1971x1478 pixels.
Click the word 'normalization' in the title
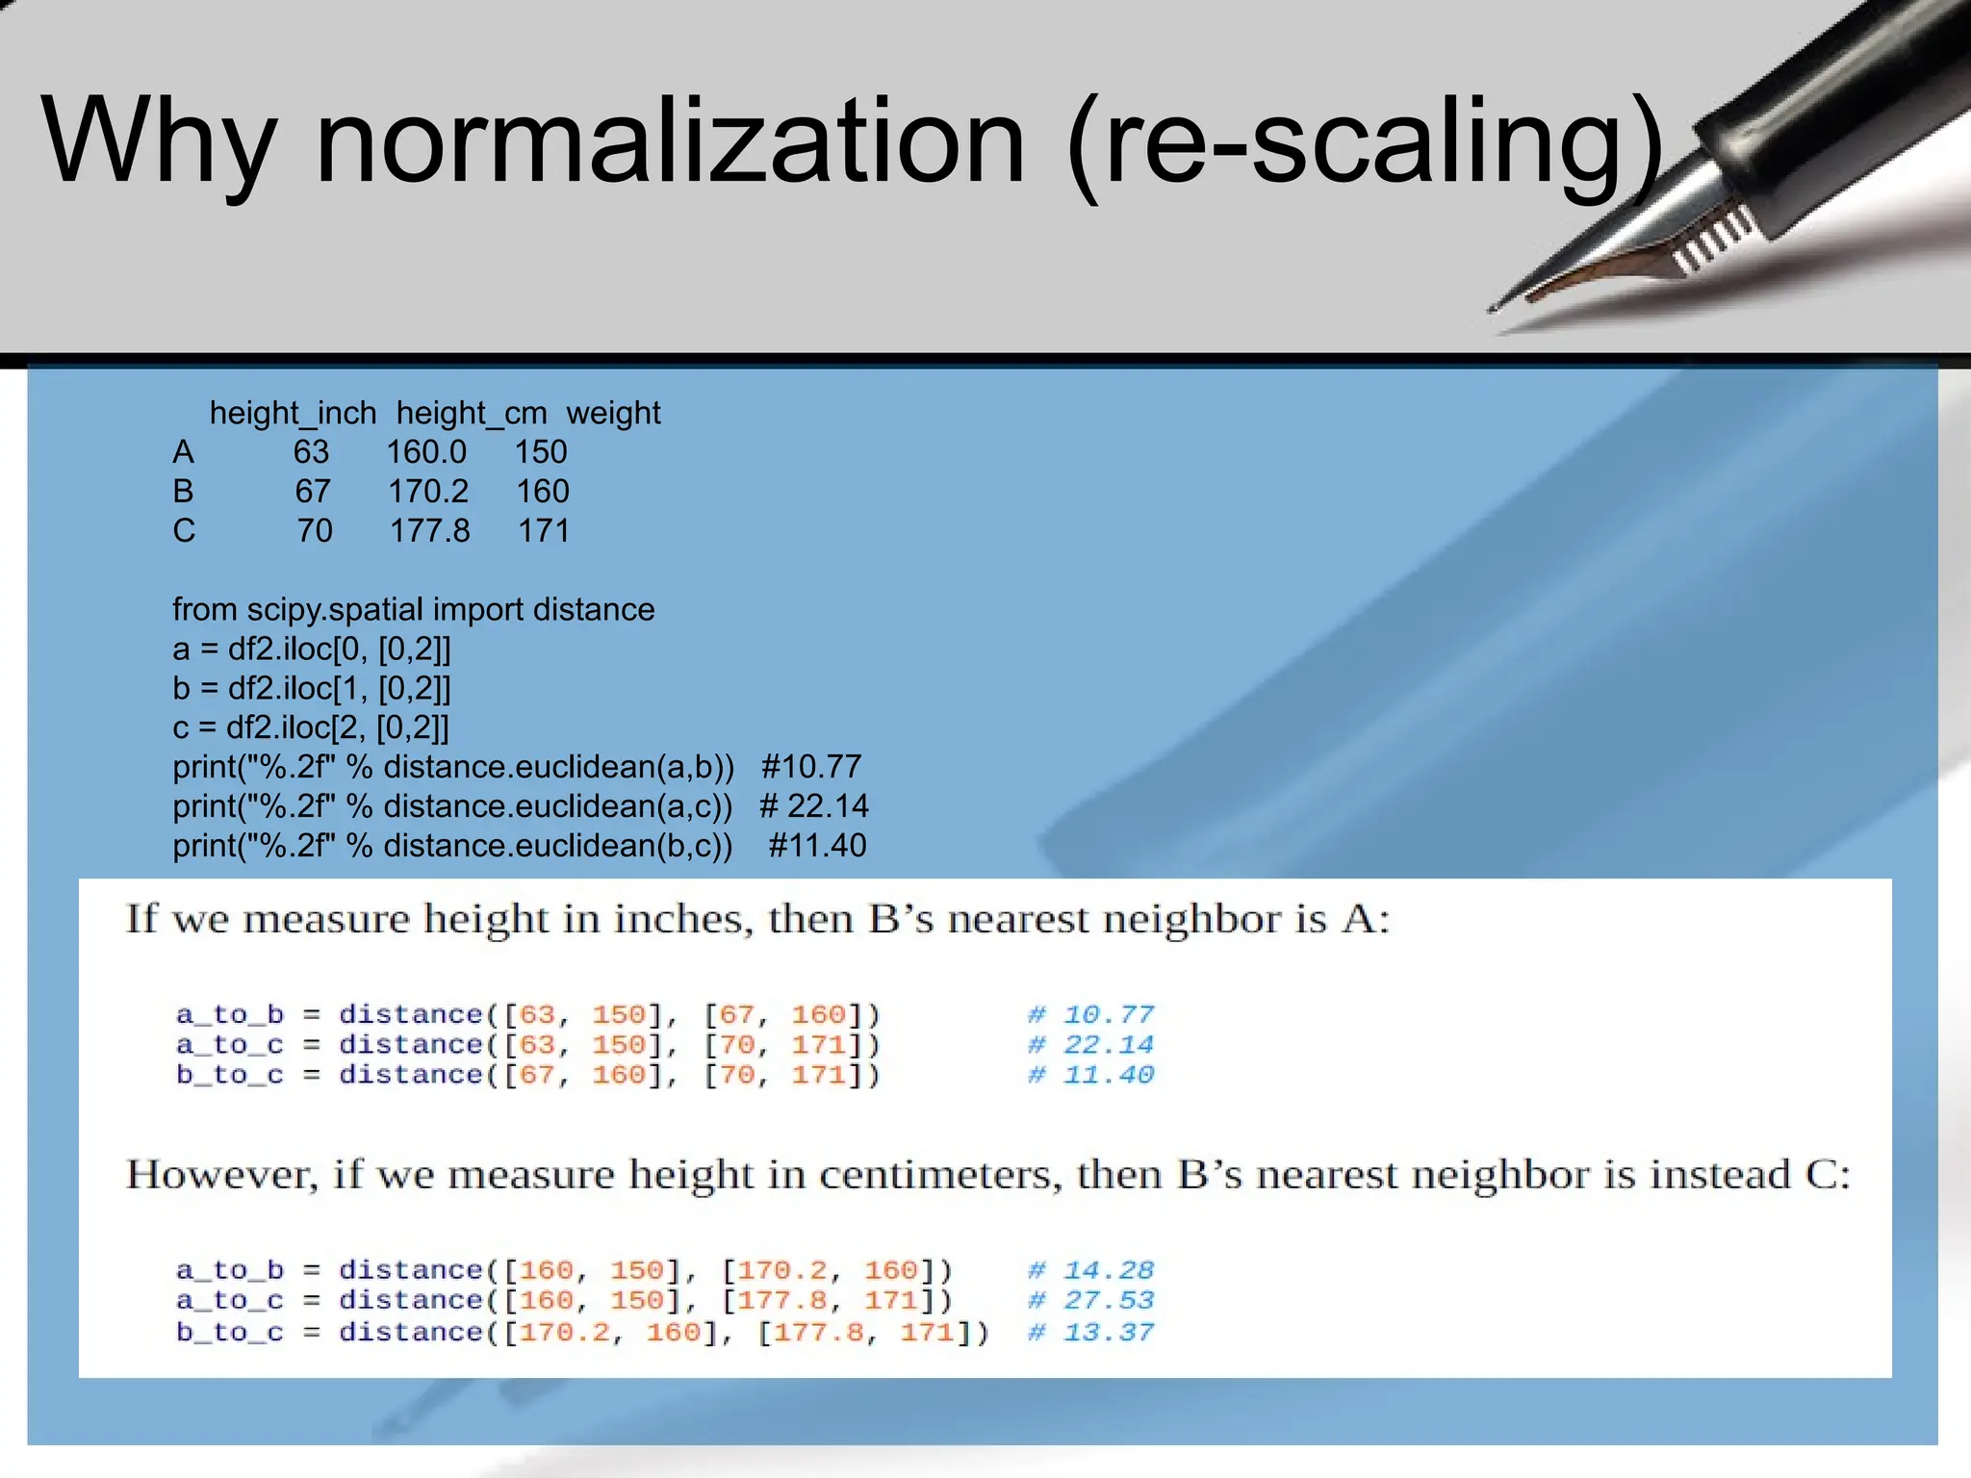pos(670,142)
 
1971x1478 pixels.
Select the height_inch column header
pos(293,413)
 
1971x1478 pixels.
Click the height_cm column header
pos(472,413)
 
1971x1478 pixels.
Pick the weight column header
pos(613,413)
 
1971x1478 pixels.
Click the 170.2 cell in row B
pos(428,492)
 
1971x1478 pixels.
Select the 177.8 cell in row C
pos(430,531)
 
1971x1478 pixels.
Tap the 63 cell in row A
pos(311,452)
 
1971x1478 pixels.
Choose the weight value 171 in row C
pos(544,531)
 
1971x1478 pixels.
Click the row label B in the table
pos(183,492)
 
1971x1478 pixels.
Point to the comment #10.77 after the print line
pos(811,767)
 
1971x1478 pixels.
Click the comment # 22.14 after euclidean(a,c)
pos(814,806)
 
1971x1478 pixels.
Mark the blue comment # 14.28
pos(1090,1271)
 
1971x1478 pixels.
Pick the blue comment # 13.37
pos(1090,1333)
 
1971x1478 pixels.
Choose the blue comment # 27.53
pos(1090,1301)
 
